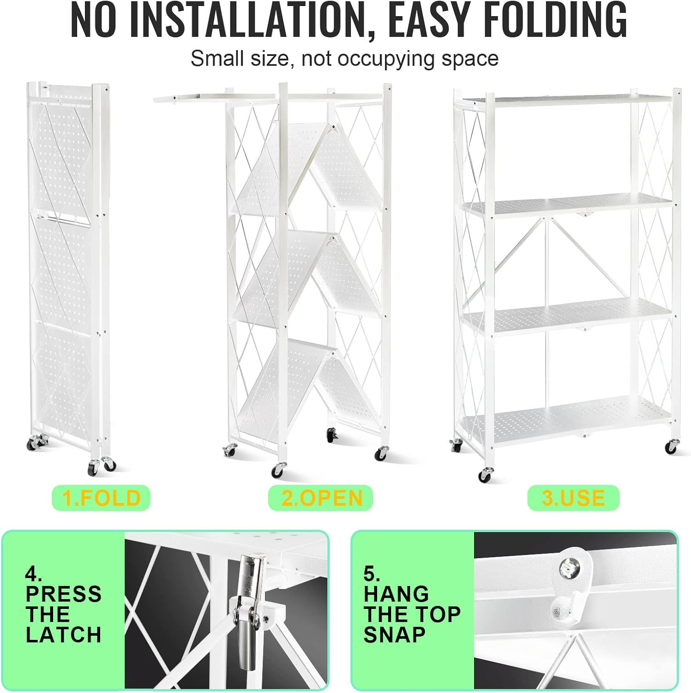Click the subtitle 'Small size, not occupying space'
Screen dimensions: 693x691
click(344, 59)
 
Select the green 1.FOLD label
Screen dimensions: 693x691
click(101, 498)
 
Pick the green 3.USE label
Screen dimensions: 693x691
click(573, 498)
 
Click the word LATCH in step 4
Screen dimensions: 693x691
click(64, 635)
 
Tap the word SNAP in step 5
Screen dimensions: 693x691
click(394, 635)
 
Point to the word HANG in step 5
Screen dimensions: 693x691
click(396, 594)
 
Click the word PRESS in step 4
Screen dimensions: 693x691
click(64, 594)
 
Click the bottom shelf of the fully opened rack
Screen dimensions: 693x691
click(568, 418)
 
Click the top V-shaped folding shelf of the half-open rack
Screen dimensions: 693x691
click(309, 169)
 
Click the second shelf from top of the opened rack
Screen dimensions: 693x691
click(568, 206)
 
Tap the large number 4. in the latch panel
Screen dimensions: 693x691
click(34, 574)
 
